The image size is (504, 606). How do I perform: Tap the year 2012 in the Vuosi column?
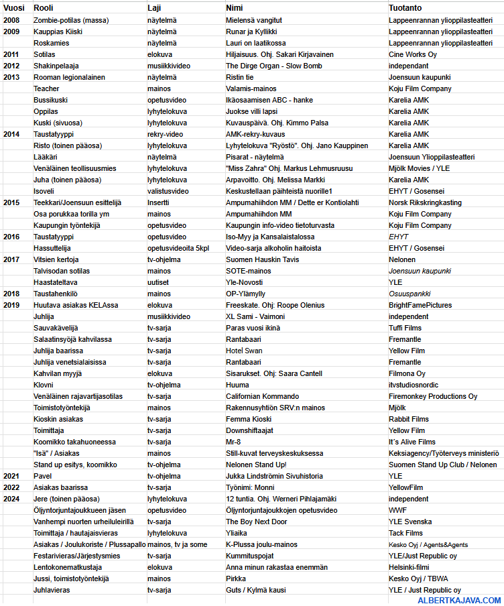point(11,66)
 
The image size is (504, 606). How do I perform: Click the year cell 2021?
point(11,476)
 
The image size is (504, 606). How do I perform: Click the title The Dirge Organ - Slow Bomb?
point(273,66)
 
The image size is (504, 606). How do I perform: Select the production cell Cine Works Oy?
point(413,54)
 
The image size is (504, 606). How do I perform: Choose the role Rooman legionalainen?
point(69,77)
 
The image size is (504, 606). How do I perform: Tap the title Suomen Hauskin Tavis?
point(263,259)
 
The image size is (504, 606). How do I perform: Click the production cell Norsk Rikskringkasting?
point(425,202)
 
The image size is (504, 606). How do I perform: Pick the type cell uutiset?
point(159,282)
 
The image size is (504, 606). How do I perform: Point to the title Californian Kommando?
point(262,396)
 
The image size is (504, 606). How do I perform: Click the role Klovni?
point(44,385)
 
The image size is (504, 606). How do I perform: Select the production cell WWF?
point(397,510)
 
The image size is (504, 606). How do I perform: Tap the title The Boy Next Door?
point(256,522)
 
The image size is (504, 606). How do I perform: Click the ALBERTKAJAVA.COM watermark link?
point(459,601)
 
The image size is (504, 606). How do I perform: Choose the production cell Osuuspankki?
point(409,294)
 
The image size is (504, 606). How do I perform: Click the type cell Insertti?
point(158,202)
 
